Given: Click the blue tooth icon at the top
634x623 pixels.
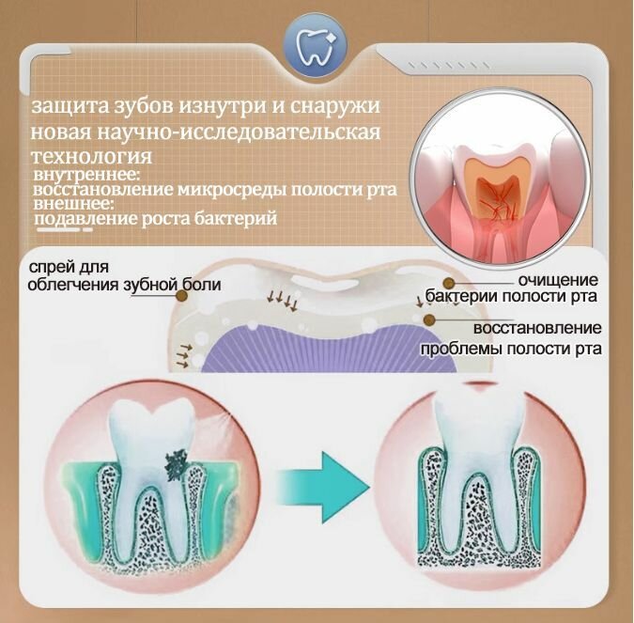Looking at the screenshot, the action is [316, 44].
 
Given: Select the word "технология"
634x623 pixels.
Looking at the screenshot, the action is [92, 157].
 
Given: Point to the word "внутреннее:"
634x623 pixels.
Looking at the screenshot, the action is [86, 176].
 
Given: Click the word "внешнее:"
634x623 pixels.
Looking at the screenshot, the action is [71, 204].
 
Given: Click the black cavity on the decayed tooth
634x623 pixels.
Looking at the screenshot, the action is [176, 464].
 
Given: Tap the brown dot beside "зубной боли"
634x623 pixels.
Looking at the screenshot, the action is [182, 297].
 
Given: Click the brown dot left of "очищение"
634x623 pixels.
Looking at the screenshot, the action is [448, 283].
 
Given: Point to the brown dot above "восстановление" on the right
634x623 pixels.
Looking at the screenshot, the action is [429, 320].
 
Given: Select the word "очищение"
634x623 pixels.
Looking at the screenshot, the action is [558, 279].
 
